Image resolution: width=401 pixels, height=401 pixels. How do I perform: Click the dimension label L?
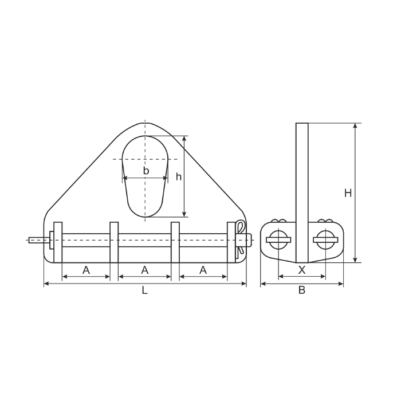coord(145,290)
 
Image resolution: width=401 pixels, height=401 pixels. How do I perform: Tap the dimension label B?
coord(302,290)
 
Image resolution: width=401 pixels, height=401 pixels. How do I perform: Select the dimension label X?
coord(302,270)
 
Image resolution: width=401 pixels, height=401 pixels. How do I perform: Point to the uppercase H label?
coord(348,193)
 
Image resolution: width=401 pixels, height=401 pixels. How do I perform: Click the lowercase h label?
coord(179,176)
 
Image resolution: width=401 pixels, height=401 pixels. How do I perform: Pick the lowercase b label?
coord(146,171)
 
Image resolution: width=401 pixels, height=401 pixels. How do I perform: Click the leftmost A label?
coord(86,270)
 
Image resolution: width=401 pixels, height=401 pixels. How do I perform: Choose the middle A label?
coord(145,270)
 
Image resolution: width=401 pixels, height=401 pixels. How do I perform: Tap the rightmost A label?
coord(203,270)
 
